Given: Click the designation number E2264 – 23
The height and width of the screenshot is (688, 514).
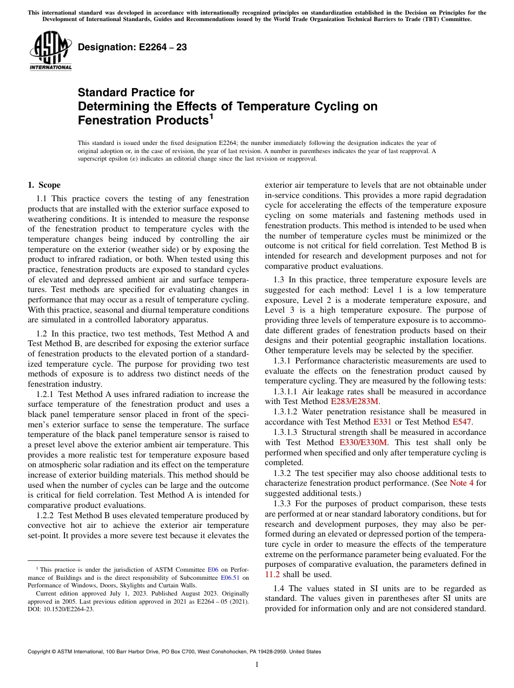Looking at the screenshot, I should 133,48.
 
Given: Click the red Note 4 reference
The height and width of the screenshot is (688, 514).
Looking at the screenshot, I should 462,483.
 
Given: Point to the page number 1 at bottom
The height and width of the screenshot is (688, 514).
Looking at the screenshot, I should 257,665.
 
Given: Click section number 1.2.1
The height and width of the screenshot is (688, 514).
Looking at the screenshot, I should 46,394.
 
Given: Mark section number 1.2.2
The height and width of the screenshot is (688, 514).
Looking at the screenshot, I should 46,516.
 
